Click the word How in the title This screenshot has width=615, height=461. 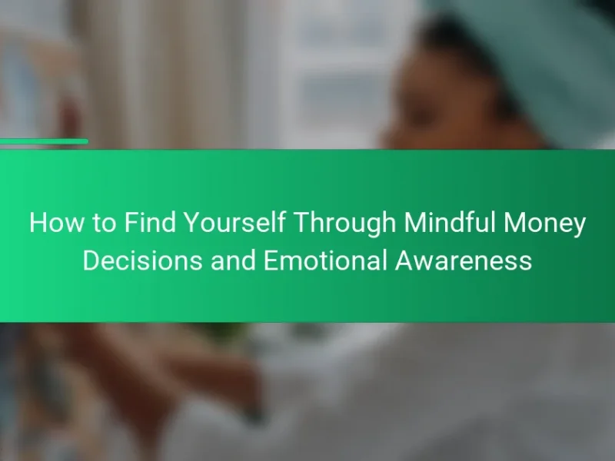tap(56, 222)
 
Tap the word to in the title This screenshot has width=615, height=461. tap(105, 223)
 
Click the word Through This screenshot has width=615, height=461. tap(344, 224)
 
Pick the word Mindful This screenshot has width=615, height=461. tap(450, 222)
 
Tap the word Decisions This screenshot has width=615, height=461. tap(143, 260)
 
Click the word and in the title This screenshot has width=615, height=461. tap(234, 260)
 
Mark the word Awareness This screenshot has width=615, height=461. tap(464, 260)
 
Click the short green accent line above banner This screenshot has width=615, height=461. tap(44, 141)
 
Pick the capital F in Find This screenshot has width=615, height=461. tap(131, 222)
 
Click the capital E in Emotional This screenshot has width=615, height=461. tap(271, 260)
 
